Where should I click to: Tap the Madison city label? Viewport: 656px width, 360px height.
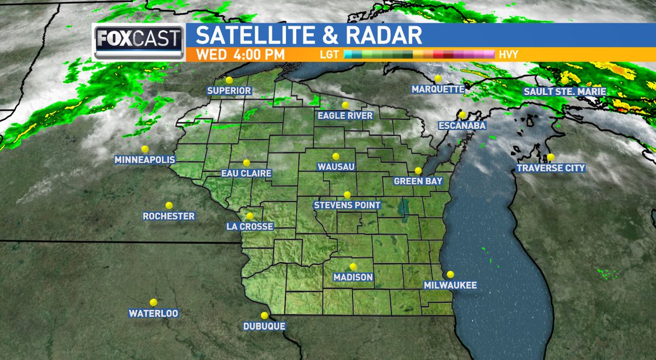click(354, 278)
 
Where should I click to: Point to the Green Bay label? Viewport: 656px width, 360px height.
click(418, 181)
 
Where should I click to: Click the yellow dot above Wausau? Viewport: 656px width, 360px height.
click(336, 156)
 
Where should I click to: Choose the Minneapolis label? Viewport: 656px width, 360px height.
click(145, 160)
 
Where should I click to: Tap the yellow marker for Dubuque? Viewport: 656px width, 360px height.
click(265, 316)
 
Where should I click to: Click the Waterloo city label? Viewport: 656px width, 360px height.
click(154, 314)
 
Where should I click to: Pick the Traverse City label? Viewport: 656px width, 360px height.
click(551, 168)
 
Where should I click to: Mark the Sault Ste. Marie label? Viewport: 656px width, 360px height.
click(565, 91)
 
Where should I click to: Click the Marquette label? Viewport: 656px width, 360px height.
click(438, 89)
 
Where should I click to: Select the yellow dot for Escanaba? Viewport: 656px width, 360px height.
click(462, 115)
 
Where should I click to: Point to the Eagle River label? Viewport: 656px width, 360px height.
click(345, 115)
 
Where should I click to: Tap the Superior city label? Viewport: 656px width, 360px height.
click(229, 90)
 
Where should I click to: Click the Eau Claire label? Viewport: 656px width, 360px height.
click(246, 173)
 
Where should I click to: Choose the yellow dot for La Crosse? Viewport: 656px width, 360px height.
click(250, 216)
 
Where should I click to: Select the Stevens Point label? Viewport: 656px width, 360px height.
click(347, 205)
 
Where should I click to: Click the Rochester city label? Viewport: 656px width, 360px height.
click(169, 216)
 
